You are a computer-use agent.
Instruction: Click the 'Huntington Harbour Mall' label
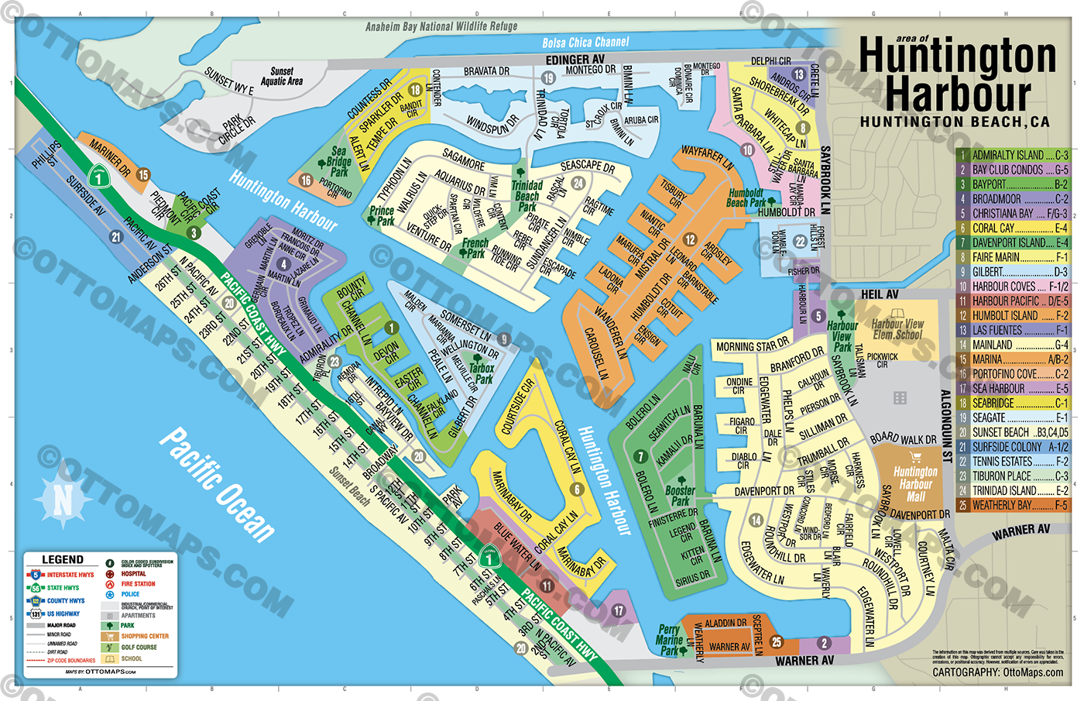point(916,484)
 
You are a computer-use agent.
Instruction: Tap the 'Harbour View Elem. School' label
point(897,329)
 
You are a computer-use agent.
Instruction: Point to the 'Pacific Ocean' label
point(217,484)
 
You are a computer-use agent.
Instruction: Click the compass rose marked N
point(62,500)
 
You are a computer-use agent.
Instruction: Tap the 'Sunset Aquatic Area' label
point(282,76)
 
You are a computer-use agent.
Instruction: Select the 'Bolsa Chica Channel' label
point(585,43)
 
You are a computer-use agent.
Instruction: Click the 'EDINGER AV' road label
point(575,60)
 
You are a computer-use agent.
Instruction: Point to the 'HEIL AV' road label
point(880,294)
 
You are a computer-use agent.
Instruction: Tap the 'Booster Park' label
point(680,496)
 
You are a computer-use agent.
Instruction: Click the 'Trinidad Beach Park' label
point(527,196)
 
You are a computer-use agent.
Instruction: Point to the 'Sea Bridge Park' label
point(339,162)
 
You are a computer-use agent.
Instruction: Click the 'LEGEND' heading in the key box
point(63,559)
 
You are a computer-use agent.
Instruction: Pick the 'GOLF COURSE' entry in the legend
point(139,647)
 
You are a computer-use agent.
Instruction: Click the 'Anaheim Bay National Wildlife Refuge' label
point(441,26)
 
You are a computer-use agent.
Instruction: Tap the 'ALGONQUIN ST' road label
point(945,426)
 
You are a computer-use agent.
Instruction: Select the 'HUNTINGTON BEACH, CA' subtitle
point(954,122)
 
